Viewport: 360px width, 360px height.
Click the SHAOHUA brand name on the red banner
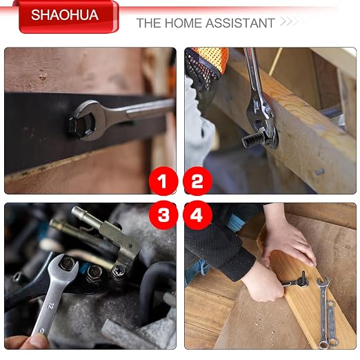pos(65,15)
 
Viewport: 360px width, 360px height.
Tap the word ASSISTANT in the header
pos(240,23)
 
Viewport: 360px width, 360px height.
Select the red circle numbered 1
pos(163,181)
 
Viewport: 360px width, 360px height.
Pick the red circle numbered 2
pos(197,181)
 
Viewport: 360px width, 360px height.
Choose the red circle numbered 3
pos(163,215)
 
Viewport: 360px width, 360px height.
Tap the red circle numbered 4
pos(197,215)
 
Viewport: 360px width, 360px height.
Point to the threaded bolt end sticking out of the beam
pos(252,139)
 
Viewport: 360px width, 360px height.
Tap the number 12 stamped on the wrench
pos(51,306)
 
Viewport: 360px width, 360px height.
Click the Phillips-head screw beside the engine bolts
pos(119,270)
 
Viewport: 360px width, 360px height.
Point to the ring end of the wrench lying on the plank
pos(323,344)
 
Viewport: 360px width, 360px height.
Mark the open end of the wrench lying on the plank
pos(323,283)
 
